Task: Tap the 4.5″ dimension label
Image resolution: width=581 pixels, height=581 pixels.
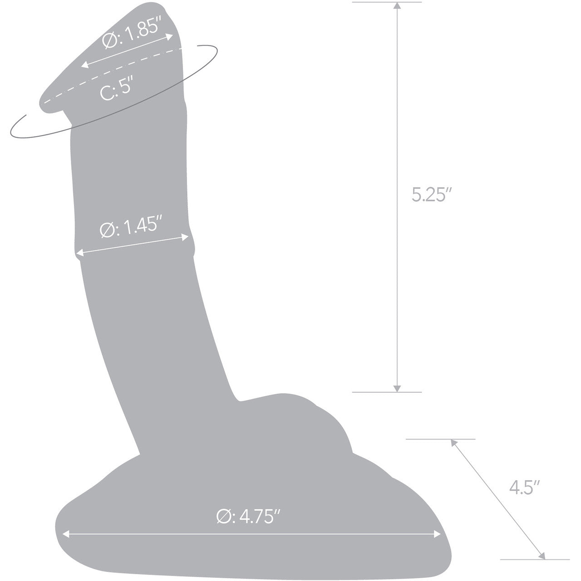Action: [524, 488]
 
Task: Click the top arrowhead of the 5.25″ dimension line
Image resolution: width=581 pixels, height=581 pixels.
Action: [397, 6]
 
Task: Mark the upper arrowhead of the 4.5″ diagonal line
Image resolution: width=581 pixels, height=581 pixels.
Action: [453, 442]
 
